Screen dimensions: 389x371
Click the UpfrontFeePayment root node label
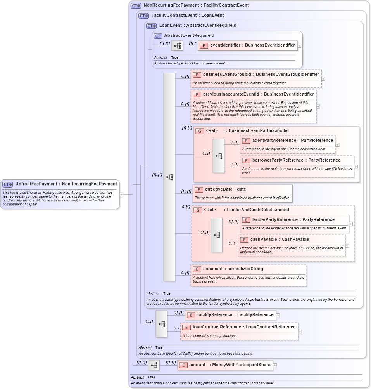pyautogui.click(x=66, y=184)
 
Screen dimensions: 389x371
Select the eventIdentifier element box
pyautogui.click(x=248, y=45)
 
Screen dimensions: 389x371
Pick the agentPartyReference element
pyautogui.click(x=287, y=140)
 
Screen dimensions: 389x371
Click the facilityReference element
pyautogui.click(x=231, y=314)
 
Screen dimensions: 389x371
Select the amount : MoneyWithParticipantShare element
pyautogui.click(x=225, y=365)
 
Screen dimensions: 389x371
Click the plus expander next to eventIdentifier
pyautogui.click(x=299, y=45)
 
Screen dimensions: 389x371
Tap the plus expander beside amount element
pyautogui.click(x=274, y=365)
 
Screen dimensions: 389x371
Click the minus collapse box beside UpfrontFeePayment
pyautogui.click(x=121, y=194)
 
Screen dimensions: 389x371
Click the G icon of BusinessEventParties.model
pyautogui.click(x=200, y=131)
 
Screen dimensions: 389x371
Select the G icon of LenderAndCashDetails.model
pyautogui.click(x=198, y=210)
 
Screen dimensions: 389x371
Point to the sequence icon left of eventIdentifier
pyautogui.click(x=177, y=46)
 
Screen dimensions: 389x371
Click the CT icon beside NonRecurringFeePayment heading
pyautogui.click(x=136, y=5)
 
